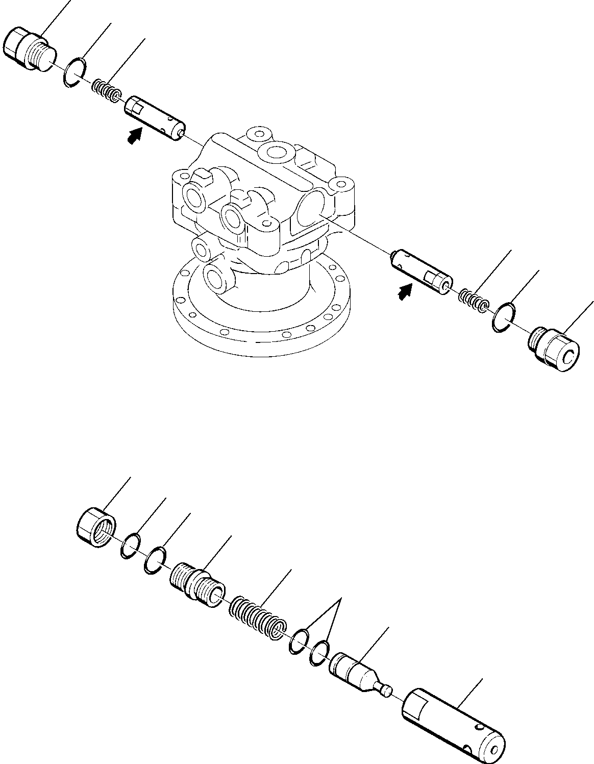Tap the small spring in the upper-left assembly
[107, 90]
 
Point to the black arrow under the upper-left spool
[134, 136]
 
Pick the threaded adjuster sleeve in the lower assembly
[197, 583]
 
